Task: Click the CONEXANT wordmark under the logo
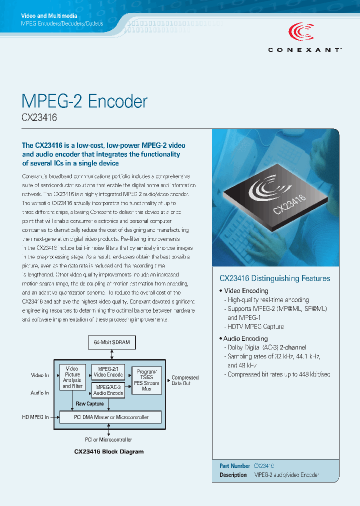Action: tap(305, 49)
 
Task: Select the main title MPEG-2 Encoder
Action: tap(84, 101)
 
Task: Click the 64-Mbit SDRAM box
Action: tap(111, 342)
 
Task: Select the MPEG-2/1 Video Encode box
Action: tap(107, 371)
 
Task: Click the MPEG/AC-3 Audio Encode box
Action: tap(107, 390)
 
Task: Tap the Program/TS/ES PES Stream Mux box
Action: tap(146, 380)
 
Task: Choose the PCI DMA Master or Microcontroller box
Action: tap(110, 417)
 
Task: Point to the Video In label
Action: tap(40, 375)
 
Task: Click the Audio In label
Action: tap(39, 393)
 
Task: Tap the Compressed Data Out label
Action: tap(185, 380)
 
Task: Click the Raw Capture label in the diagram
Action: tap(89, 403)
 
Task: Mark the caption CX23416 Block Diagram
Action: tap(109, 451)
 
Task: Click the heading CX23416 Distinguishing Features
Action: tap(275, 278)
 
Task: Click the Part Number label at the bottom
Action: tap(234, 465)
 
